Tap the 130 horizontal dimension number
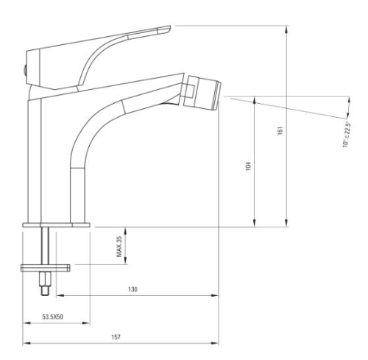132,290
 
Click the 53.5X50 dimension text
52,315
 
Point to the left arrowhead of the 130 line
59,297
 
